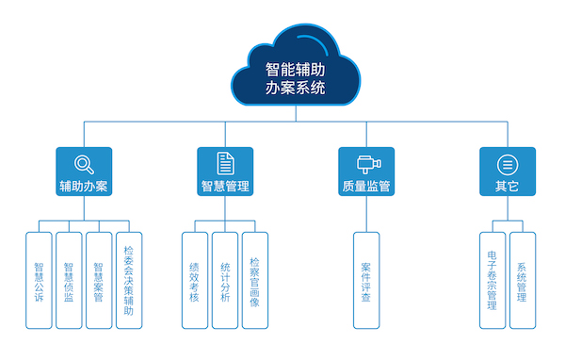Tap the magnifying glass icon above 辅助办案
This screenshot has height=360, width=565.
pyautogui.click(x=84, y=162)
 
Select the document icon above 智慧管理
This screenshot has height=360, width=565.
pyautogui.click(x=225, y=162)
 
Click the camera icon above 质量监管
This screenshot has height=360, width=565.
pyautogui.click(x=366, y=162)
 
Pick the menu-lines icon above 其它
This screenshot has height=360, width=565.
pyautogui.click(x=507, y=162)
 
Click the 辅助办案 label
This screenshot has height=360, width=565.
pyautogui.click(x=84, y=186)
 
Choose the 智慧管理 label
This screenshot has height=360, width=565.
pyautogui.click(x=225, y=186)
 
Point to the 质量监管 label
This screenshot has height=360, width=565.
pyautogui.click(x=366, y=186)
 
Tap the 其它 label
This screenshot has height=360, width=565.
pyautogui.click(x=507, y=186)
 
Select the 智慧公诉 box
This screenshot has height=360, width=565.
pyautogui.click(x=39, y=280)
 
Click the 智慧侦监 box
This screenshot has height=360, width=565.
pyautogui.click(x=69, y=280)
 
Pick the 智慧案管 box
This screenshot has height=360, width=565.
pyautogui.click(x=99, y=280)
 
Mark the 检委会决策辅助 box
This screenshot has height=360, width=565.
pyautogui.click(x=129, y=280)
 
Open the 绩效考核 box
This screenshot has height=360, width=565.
pyautogui.click(x=195, y=280)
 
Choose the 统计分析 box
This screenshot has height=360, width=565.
pyautogui.click(x=225, y=280)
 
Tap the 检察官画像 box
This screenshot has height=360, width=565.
pyautogui.click(x=255, y=280)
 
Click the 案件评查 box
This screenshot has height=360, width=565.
pyautogui.click(x=366, y=280)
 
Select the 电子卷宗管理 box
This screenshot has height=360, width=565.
pyautogui.click(x=492, y=280)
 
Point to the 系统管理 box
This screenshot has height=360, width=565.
pyautogui.click(x=522, y=280)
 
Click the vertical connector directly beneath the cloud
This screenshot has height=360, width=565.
pyautogui.click(x=295, y=114)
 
